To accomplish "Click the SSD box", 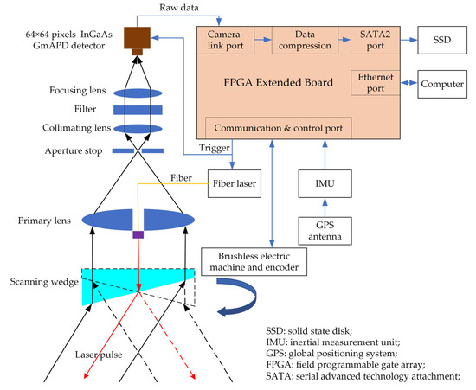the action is tap(442, 40).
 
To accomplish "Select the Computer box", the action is tap(442, 84).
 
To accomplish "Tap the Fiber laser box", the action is tap(235, 183).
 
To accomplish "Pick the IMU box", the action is tap(325, 183).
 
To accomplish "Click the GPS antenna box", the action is tap(325, 231).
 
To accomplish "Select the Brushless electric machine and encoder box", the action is tap(254, 261).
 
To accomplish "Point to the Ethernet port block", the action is tap(376, 83).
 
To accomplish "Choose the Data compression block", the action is tap(305, 41).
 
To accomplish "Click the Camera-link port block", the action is tap(226, 41).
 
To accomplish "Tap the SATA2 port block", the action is tap(376, 41).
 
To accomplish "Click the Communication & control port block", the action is tap(279, 128).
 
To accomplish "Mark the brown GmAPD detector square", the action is tap(138, 38).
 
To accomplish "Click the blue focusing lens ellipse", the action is tap(138, 93).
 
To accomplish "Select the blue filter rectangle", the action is tap(138, 110).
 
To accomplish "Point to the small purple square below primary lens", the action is tap(138, 234).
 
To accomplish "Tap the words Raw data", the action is tap(179, 7).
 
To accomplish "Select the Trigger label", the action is tap(215, 148).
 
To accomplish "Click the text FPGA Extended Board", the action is tap(279, 82).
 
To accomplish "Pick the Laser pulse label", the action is tap(99, 355).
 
